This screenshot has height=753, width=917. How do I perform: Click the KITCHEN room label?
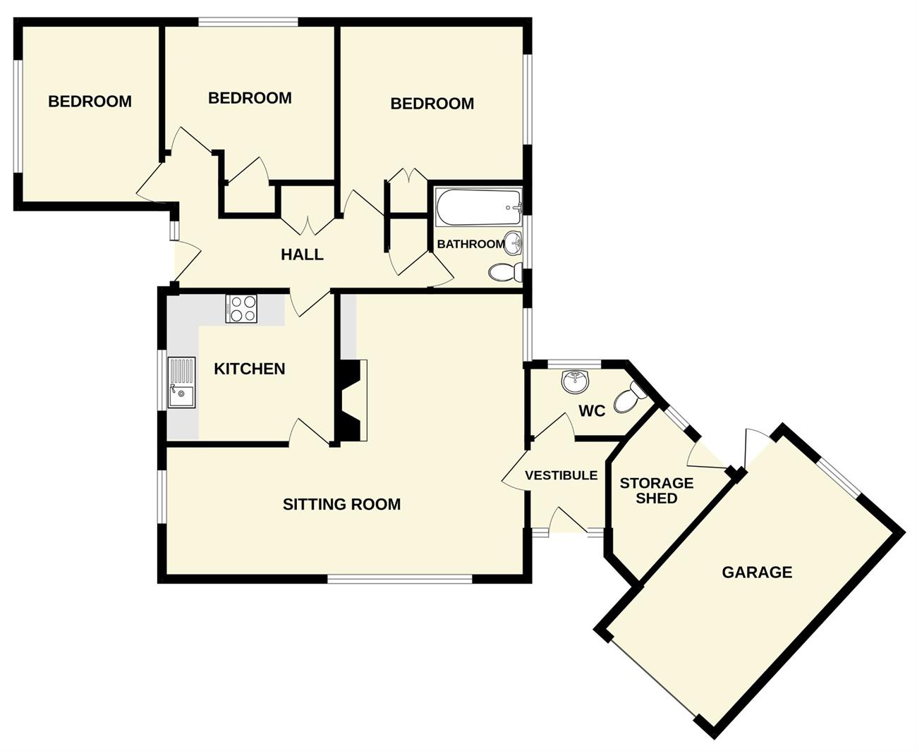click(249, 369)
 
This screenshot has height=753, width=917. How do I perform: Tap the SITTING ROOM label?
click(341, 504)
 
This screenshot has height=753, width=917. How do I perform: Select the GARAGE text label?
click(757, 573)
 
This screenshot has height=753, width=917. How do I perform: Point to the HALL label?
click(302, 255)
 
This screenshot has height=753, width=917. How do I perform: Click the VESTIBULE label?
click(561, 475)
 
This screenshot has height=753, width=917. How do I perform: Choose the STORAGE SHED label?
click(657, 491)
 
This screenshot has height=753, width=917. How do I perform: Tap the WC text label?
click(593, 410)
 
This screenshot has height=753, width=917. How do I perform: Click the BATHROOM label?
click(471, 244)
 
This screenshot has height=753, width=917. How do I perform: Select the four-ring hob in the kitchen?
click(241, 309)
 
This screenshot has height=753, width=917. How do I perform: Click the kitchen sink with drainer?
click(182, 382)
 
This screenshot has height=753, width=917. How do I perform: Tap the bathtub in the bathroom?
click(478, 207)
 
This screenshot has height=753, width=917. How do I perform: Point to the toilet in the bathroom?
click(505, 272)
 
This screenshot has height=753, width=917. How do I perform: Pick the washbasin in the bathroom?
click(513, 243)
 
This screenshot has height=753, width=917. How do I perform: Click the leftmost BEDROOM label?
click(90, 102)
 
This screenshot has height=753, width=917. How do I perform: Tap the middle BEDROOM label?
click(250, 98)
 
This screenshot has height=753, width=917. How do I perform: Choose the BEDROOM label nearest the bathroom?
click(432, 104)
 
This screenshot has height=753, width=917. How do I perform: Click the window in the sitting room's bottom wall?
click(399, 579)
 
